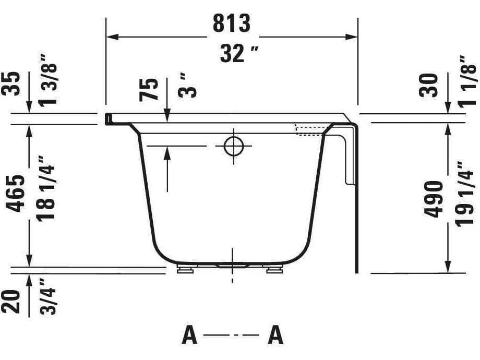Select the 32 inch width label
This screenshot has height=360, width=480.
pos(233,53)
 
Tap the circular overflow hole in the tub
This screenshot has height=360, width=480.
pos(233,147)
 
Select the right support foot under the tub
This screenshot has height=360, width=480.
pos(273,270)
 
